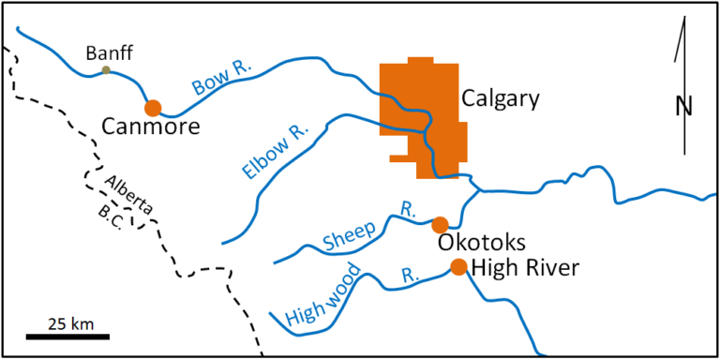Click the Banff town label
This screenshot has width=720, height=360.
pos(105,52)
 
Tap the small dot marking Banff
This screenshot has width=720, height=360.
pos(106,70)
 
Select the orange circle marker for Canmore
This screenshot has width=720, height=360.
pos(153,108)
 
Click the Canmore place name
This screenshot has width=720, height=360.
pos(151,127)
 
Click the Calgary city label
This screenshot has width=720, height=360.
pos(501,98)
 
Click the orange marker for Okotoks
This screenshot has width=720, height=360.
pos(439,225)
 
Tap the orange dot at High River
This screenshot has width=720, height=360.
pos(458,267)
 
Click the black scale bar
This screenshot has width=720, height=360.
pos(67,335)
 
